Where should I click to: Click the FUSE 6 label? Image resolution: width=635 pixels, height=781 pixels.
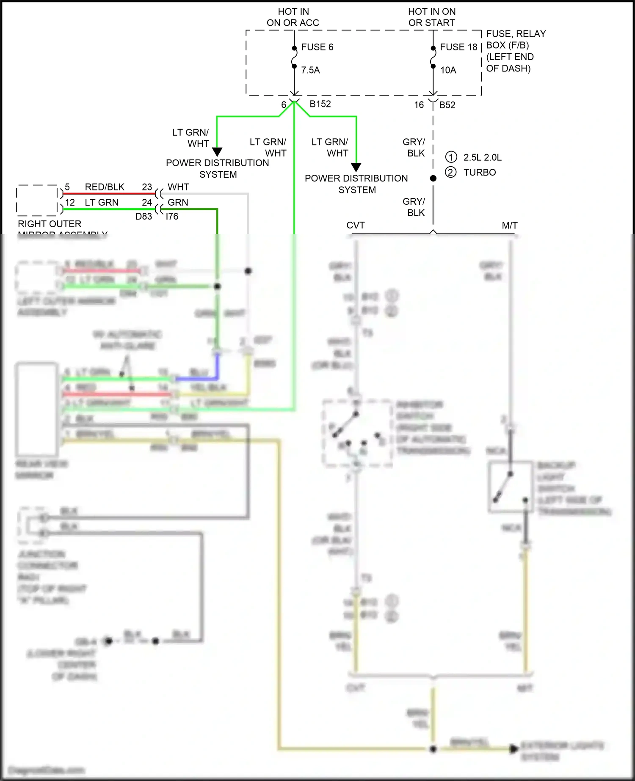[317, 47]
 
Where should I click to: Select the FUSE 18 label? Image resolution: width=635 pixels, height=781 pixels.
[458, 47]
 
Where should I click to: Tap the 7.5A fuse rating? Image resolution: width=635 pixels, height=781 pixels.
[310, 70]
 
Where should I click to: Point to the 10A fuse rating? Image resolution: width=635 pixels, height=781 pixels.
[448, 70]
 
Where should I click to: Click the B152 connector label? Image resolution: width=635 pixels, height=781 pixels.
[320, 104]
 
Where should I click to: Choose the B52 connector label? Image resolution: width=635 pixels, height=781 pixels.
[447, 105]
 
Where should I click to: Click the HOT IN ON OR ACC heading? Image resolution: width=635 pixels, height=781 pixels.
[293, 17]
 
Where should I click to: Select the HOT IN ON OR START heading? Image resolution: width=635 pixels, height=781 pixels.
[432, 17]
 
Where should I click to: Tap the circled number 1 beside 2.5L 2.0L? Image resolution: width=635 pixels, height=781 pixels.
[451, 157]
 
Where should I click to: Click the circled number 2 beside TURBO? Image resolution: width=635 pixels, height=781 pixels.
[451, 172]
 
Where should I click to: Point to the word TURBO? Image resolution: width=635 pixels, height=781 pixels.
[479, 172]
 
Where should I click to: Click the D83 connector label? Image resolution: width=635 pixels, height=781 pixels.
[144, 216]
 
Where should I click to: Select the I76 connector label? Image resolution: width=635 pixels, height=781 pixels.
[172, 216]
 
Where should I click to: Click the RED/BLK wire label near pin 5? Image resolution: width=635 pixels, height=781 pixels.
[105, 187]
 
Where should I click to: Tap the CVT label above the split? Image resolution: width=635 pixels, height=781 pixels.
[355, 225]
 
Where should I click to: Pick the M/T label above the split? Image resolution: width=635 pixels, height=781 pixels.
[509, 225]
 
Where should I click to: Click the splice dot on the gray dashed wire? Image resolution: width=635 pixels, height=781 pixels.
[433, 179]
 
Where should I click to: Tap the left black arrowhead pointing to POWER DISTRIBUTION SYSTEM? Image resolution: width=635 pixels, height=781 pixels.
[217, 151]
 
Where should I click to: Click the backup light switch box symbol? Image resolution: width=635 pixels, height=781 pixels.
[510, 487]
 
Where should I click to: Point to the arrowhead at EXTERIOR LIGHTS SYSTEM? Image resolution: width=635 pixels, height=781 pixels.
[514, 748]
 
